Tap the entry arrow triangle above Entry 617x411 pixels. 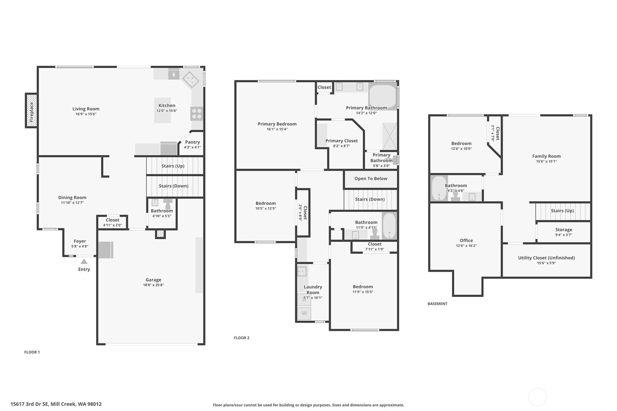tap(84, 261)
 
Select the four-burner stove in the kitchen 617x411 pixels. tap(197, 114)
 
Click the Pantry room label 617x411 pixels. tap(192, 142)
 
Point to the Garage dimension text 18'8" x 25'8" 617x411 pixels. tap(153, 285)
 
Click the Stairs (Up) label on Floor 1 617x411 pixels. tap(173, 166)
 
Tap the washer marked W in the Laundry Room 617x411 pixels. tap(304, 313)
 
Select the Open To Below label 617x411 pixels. tap(371, 179)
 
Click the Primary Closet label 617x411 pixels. tap(341, 141)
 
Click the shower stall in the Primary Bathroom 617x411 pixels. tap(389, 136)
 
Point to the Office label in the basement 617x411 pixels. tap(466, 241)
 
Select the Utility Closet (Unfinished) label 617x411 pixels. tap(546, 258)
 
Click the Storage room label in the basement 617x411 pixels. tap(564, 230)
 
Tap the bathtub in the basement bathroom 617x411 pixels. tap(439, 188)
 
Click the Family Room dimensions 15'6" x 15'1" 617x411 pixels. tap(546, 162)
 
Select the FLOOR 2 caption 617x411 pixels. tap(241, 338)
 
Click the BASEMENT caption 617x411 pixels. tap(437, 304)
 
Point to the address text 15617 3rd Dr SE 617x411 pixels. tap(56, 404)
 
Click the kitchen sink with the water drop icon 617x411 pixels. tap(174, 74)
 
